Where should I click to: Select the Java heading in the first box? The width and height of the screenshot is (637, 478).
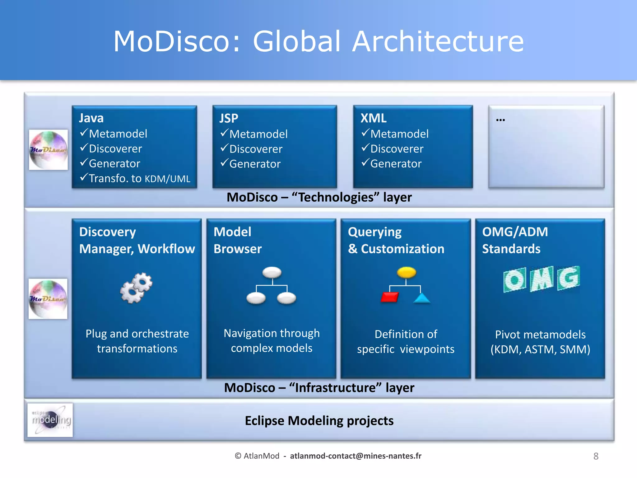point(91,118)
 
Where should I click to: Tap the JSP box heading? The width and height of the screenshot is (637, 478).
point(229,119)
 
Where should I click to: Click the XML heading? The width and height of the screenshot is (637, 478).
point(373,118)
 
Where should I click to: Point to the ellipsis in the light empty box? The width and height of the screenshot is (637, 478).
point(500,120)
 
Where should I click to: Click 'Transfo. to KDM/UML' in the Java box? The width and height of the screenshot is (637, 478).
point(139,179)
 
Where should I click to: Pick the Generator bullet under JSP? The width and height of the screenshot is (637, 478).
point(255,164)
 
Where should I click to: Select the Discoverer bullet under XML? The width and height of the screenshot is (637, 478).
point(397,149)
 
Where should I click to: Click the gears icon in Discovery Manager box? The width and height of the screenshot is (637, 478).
point(136,288)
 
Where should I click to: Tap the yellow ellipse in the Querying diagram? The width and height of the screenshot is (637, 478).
point(406,273)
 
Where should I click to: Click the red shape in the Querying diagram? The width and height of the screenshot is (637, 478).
point(389,297)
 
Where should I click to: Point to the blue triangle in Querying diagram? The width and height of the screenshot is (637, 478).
point(422,298)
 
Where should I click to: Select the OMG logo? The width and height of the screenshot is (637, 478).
point(541,279)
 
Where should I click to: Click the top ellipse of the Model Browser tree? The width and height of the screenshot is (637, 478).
point(272,272)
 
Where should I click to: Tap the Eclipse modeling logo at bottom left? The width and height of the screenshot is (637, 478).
point(50,420)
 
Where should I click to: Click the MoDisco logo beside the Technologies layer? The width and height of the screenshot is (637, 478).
point(49,150)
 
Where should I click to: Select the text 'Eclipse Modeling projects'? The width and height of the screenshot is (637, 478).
point(319,421)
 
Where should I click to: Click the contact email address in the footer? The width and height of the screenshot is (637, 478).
point(356,456)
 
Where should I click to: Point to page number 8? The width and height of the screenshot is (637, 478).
point(596,456)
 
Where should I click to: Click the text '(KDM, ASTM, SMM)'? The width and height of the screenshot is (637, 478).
point(540,349)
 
